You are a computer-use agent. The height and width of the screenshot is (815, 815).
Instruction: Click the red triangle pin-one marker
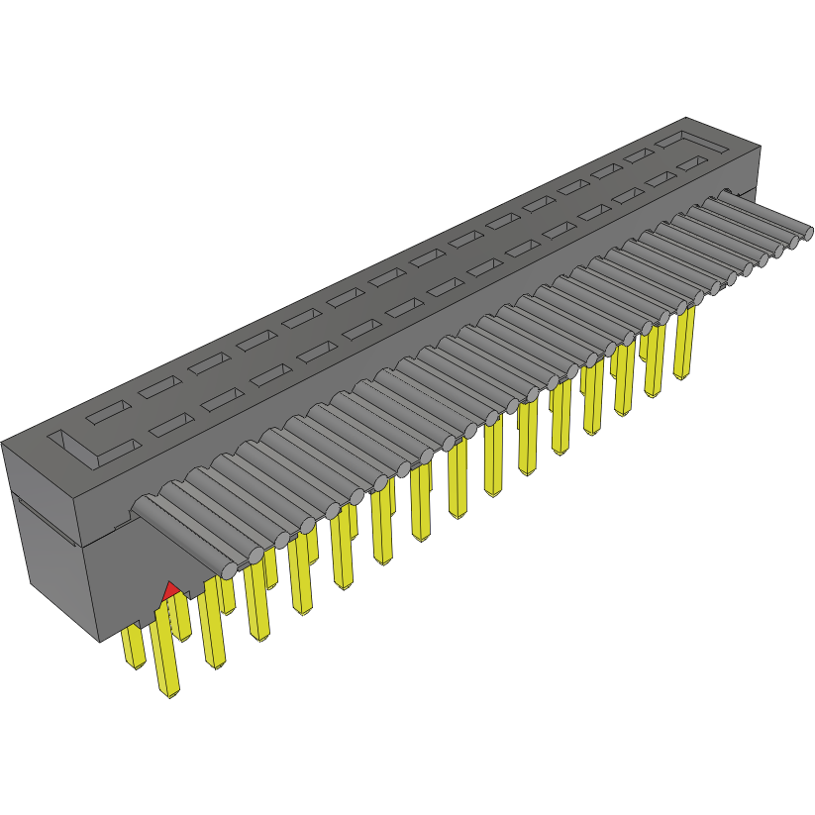pos(170,590)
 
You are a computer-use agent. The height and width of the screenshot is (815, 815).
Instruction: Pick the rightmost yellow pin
pos(683,342)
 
